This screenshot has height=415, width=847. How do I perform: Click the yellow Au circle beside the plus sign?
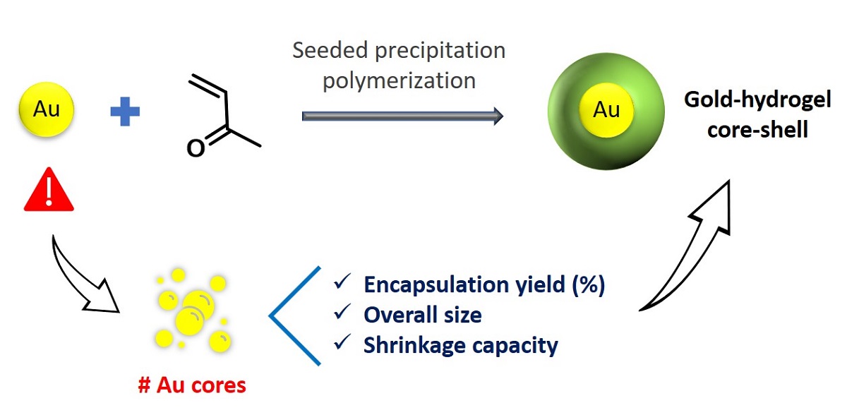(46, 110)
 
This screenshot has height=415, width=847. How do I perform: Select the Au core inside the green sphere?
(605, 109)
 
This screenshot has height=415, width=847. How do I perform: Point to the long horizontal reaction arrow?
(402, 116)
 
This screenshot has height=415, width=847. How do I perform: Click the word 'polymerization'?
(399, 80)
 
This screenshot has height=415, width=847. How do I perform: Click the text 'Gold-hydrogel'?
(757, 100)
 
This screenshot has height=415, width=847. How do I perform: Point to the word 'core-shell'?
(757, 130)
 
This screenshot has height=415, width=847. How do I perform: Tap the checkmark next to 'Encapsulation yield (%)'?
(343, 283)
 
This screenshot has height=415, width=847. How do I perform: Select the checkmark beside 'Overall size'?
(343, 313)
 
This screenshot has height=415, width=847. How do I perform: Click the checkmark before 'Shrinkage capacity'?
(343, 342)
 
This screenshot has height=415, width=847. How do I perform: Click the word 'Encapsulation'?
(431, 284)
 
